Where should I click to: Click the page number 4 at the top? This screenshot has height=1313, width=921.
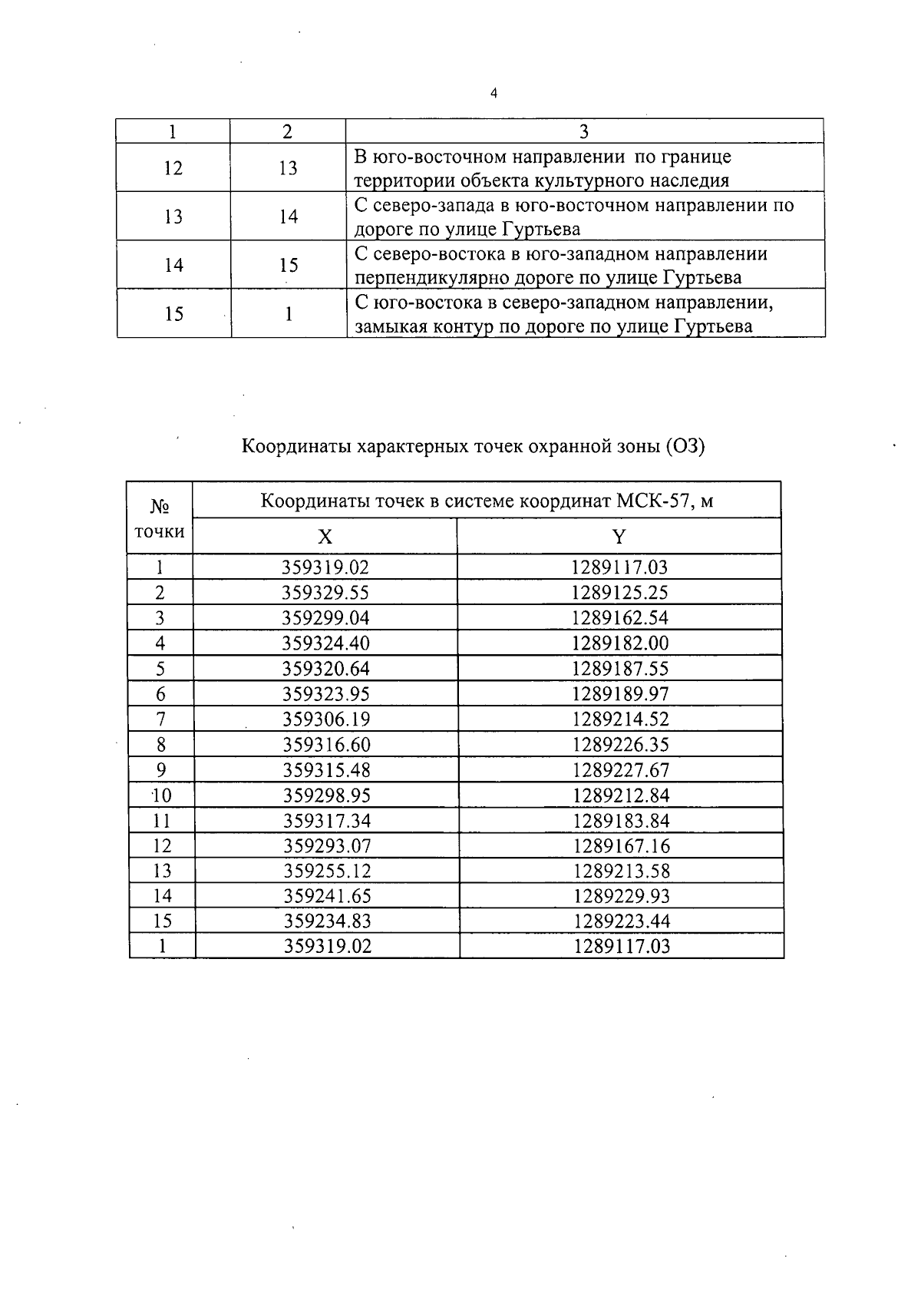coord(494,94)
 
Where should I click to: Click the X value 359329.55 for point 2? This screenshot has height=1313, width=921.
coord(325,593)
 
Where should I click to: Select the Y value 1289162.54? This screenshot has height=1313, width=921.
coord(619,618)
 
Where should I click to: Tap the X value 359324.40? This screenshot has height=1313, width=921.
coord(325,643)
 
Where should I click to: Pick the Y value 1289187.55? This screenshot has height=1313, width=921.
coord(619,669)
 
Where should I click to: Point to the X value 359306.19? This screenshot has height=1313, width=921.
coord(326,719)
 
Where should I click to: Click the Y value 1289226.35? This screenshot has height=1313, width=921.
coord(620,745)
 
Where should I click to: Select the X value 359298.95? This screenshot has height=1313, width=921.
coord(326,795)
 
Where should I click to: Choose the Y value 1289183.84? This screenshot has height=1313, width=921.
coord(621,821)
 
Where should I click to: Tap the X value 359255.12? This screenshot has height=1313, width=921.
coord(327,871)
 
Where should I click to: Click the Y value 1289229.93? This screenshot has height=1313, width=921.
coord(621,896)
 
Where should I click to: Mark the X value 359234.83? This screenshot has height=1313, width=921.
coord(327,921)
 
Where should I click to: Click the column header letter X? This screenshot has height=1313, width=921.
coord(325,537)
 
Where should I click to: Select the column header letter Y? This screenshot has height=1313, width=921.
coord(619,537)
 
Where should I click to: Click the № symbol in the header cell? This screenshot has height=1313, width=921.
coord(160,507)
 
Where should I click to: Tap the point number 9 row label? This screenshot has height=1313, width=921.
coord(161,770)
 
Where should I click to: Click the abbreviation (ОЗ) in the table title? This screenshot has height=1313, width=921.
coord(685,446)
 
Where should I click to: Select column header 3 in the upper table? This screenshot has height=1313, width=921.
coord(583,131)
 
